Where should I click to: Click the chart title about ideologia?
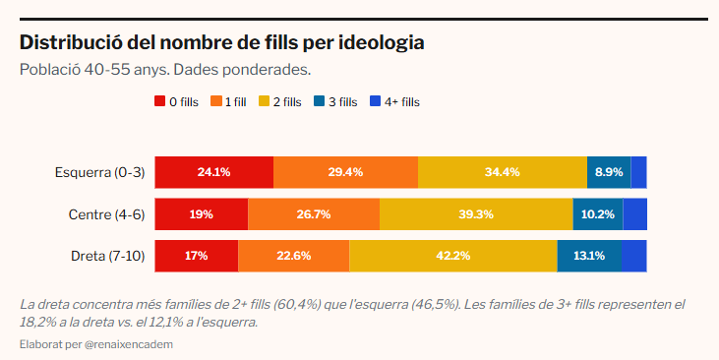tap(222, 43)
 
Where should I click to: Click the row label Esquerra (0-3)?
tap(99, 172)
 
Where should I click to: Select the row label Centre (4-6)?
tap(106, 214)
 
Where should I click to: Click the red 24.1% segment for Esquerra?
tap(213, 172)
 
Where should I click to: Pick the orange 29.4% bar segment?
tap(345, 172)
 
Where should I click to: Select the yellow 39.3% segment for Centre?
tap(476, 214)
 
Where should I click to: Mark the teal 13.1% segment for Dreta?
tap(588, 256)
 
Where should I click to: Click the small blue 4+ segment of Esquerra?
tap(638, 172)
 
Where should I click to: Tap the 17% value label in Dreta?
tap(196, 256)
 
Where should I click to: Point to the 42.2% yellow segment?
tap(452, 256)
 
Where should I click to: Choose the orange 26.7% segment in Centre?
tap(314, 214)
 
